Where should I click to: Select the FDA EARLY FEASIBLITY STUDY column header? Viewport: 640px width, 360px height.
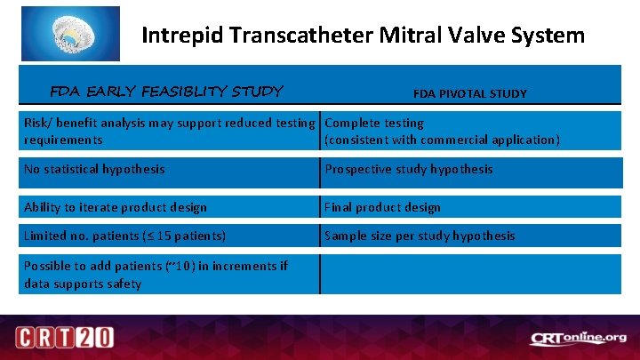pos(166,91)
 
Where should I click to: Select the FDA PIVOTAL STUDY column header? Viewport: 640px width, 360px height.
pos(469,93)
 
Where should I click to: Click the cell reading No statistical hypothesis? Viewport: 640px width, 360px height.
pos(93,169)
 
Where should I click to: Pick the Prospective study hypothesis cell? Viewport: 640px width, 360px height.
pos(408,169)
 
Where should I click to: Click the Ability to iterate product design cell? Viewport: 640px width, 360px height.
pos(115,207)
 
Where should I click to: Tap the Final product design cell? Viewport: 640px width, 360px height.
pos(382,207)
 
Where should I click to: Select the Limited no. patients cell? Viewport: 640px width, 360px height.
pos(124,236)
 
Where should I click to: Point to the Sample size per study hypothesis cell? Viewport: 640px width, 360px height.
pos(420,236)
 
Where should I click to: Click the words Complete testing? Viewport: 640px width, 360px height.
pos(374,123)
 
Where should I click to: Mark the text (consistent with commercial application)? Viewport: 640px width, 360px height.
pos(442,140)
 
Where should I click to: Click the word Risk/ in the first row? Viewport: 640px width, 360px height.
pos(40,123)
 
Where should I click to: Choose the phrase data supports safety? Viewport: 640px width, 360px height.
pos(82,284)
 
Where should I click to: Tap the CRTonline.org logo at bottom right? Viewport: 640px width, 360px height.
pos(579,338)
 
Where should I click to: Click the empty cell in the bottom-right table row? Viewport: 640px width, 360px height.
pos(470,274)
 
